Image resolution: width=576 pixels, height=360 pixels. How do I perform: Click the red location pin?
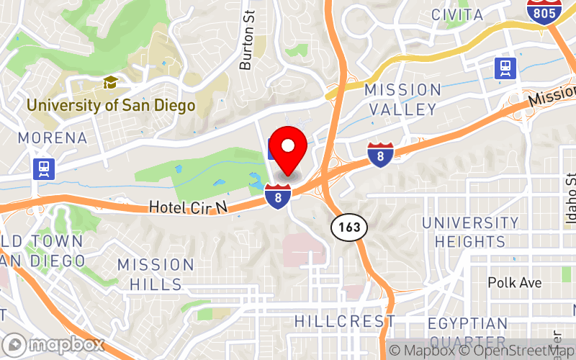pos(289,147)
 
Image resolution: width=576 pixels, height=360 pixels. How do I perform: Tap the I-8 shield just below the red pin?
pos(278,196)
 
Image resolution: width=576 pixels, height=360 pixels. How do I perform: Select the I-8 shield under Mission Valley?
pos(379,154)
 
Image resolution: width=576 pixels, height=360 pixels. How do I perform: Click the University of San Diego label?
pos(111,106)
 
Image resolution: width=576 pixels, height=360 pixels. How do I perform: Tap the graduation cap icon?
pos(111,83)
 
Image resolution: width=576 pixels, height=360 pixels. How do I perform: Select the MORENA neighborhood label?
pos(53,138)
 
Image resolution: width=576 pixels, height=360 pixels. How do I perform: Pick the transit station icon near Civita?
pos(505,68)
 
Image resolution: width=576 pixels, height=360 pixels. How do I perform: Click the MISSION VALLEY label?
pos(402,100)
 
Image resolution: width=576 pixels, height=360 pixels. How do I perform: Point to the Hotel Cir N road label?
pos(188,207)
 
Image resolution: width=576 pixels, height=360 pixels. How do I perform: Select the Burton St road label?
pos(248,49)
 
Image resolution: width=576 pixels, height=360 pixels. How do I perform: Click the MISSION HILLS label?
pos(156,274)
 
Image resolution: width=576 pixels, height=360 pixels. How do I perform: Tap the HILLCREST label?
pos(345,321)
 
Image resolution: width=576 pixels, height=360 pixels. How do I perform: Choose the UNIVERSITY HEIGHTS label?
pos(469,233)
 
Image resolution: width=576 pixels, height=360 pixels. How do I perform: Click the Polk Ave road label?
pos(515,283)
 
